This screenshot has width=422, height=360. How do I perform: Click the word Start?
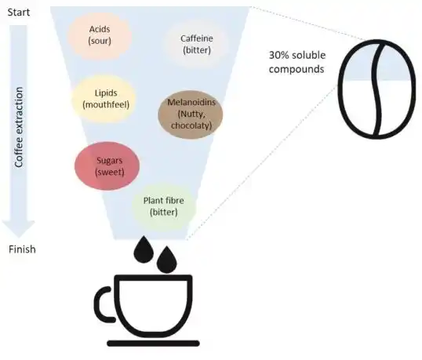point(19,13)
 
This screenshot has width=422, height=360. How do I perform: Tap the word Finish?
point(22,249)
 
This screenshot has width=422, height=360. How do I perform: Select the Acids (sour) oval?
point(100,35)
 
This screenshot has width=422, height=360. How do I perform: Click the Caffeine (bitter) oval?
point(196,44)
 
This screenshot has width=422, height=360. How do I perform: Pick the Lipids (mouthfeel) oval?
point(106,99)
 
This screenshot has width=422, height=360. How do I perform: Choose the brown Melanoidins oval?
point(191,115)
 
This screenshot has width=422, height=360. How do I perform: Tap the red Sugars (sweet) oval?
point(107,165)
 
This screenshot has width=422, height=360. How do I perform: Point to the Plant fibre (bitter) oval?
point(164,206)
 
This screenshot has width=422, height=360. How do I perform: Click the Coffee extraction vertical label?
point(19,127)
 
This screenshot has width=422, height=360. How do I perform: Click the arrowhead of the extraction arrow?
point(19,229)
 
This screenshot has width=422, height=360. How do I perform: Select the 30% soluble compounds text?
point(297,62)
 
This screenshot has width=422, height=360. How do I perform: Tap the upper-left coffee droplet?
point(144,249)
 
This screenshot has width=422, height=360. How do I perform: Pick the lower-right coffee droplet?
point(167,260)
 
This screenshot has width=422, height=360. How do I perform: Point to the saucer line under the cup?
point(154,344)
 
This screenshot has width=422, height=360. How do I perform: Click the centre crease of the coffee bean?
point(377,89)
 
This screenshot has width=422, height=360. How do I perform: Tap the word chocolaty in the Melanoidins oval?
point(191,125)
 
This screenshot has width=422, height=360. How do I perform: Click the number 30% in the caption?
point(278,55)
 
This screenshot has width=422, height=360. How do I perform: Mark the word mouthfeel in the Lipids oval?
point(106,104)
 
